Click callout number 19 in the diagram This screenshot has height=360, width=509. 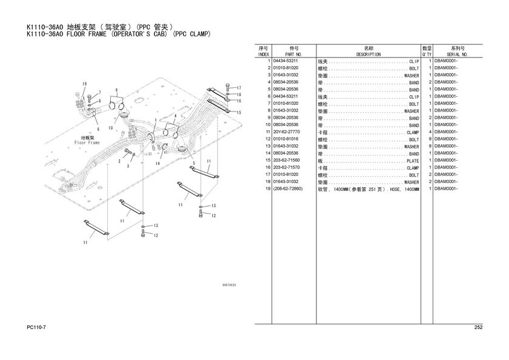(85, 84)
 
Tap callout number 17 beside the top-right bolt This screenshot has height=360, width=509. (239, 88)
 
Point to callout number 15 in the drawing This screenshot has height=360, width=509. (239, 113)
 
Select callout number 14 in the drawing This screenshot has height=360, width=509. (157, 164)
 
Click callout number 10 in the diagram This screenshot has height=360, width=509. (111, 128)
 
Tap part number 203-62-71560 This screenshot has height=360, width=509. (286, 161)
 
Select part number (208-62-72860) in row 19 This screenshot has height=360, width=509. (288, 189)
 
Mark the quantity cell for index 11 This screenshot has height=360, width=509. (430, 132)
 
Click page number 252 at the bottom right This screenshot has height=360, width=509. (478, 328)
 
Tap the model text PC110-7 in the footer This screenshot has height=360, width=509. (38, 328)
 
